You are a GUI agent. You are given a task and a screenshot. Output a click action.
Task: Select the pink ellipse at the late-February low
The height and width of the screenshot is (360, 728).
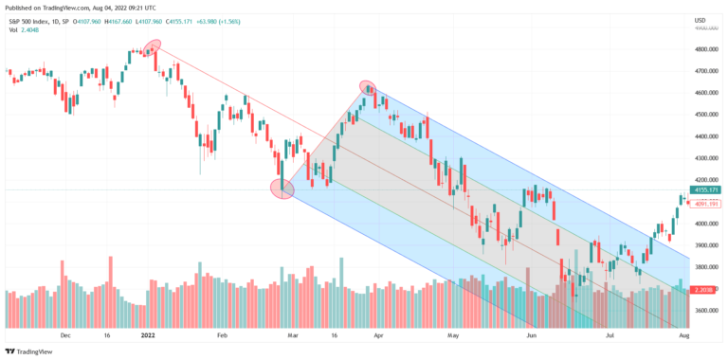[x=282, y=189]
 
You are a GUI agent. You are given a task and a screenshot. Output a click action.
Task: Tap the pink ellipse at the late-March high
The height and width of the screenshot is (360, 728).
[x=369, y=88]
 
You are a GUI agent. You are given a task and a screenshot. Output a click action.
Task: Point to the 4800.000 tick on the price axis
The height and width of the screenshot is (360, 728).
[x=704, y=49]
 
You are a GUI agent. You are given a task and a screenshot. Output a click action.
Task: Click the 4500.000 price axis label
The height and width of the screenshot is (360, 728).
[x=704, y=115]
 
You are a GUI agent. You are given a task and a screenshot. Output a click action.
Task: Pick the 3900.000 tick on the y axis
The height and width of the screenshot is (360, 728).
[x=704, y=245]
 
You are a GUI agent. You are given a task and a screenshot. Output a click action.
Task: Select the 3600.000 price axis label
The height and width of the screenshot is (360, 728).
[x=704, y=311]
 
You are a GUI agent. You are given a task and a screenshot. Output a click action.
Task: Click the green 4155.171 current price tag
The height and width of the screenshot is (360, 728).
[x=706, y=190]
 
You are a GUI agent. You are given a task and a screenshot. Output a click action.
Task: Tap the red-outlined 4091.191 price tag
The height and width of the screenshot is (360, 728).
[x=706, y=203]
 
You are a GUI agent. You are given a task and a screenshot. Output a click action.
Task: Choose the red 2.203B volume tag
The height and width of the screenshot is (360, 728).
[x=705, y=290]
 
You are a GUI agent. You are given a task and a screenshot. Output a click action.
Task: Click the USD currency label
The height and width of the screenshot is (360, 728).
[x=700, y=20]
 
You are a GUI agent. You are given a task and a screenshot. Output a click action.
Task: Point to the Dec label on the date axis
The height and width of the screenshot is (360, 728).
[x=65, y=334]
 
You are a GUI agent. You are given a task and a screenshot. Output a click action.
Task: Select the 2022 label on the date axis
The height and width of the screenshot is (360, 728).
[x=149, y=334]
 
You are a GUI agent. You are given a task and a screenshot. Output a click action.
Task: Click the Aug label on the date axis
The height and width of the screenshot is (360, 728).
[x=684, y=334]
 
